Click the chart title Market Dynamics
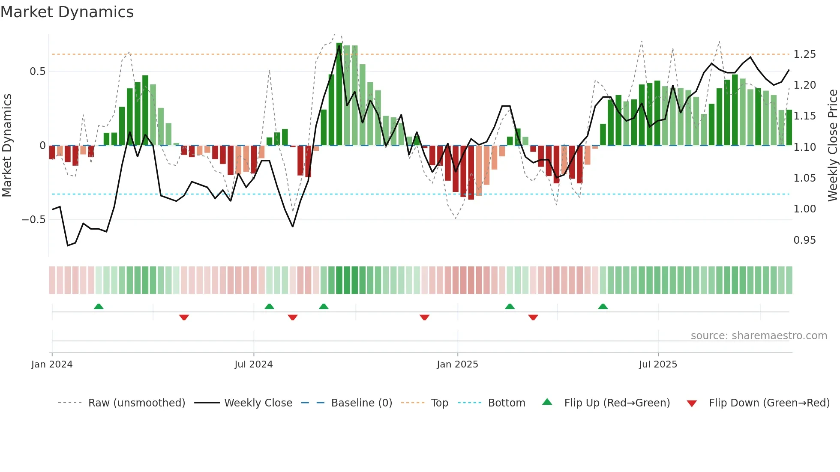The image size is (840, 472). coord(67,12)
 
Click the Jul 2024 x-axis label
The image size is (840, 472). coord(253,364)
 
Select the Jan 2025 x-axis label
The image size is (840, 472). coord(457,364)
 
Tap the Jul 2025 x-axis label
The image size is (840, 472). coord(658,364)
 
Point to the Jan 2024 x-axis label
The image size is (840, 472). coord(52,364)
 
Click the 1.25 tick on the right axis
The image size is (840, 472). coord(804,54)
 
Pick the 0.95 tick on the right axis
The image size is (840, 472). coord(804,240)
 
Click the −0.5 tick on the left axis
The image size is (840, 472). coord(33,220)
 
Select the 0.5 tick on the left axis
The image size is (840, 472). coord(37,72)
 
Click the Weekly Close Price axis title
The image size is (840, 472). coord(832,146)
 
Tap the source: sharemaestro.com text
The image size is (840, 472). coord(759,336)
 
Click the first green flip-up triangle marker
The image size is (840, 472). coord(99,306)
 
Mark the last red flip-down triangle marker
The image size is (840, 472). coord(533,317)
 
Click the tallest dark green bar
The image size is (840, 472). coord(339,94)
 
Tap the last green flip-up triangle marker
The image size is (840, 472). coord(603,306)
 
